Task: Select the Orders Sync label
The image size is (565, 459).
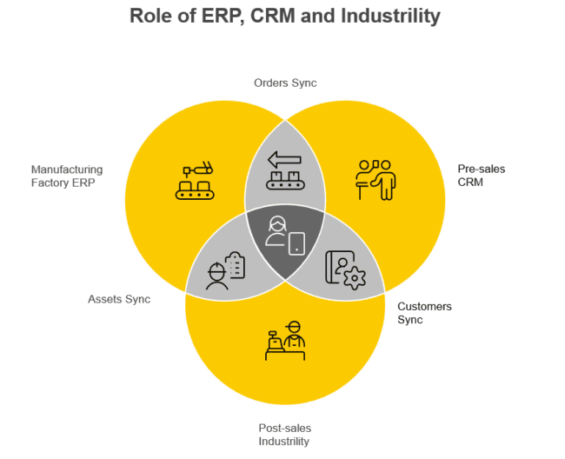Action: (x=285, y=83)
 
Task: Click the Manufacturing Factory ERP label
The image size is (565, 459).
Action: (x=66, y=176)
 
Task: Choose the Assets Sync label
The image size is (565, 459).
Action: (x=119, y=299)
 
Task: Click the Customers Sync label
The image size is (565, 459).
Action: (x=424, y=313)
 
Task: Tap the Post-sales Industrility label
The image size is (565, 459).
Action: (x=284, y=435)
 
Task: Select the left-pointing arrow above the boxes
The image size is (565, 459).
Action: (x=283, y=159)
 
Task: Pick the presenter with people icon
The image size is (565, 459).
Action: (x=376, y=179)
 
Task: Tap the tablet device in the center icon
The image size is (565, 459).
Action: (x=297, y=243)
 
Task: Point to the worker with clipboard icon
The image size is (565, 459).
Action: (x=225, y=270)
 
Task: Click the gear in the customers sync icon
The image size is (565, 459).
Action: (x=354, y=279)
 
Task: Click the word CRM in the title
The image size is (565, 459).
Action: (x=275, y=16)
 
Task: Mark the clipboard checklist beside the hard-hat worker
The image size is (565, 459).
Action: (x=235, y=263)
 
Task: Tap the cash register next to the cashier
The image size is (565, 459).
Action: (x=275, y=342)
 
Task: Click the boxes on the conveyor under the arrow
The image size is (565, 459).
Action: (x=285, y=181)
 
